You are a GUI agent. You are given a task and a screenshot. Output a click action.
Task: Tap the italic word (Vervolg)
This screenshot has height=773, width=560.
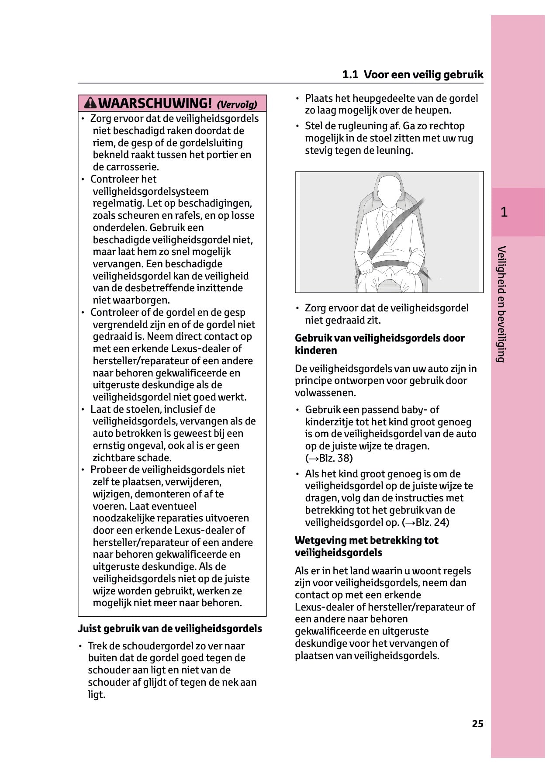pyautogui.click(x=237, y=104)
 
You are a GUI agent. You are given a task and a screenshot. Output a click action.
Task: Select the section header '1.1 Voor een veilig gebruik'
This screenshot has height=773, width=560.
pyautogui.click(x=412, y=75)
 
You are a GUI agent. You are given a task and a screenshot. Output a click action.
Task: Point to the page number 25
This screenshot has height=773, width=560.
pyautogui.click(x=477, y=724)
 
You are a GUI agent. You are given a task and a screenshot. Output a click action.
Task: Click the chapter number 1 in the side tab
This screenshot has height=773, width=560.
pyautogui.click(x=504, y=212)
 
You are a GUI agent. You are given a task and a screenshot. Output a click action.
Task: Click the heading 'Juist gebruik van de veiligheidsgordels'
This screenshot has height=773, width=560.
pyautogui.click(x=170, y=628)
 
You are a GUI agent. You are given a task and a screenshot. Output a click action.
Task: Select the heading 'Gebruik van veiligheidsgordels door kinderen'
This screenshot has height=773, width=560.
pyautogui.click(x=380, y=344)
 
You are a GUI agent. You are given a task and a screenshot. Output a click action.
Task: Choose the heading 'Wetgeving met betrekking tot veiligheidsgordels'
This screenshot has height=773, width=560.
pyautogui.click(x=366, y=546)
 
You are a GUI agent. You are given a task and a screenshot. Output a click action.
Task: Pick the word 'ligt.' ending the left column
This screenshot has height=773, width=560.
pyautogui.click(x=97, y=694)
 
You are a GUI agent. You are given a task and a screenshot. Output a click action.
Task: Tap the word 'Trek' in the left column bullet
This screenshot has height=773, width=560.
pyautogui.click(x=97, y=646)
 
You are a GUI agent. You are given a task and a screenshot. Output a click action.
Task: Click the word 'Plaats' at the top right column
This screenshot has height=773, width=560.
pyautogui.click(x=318, y=98)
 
